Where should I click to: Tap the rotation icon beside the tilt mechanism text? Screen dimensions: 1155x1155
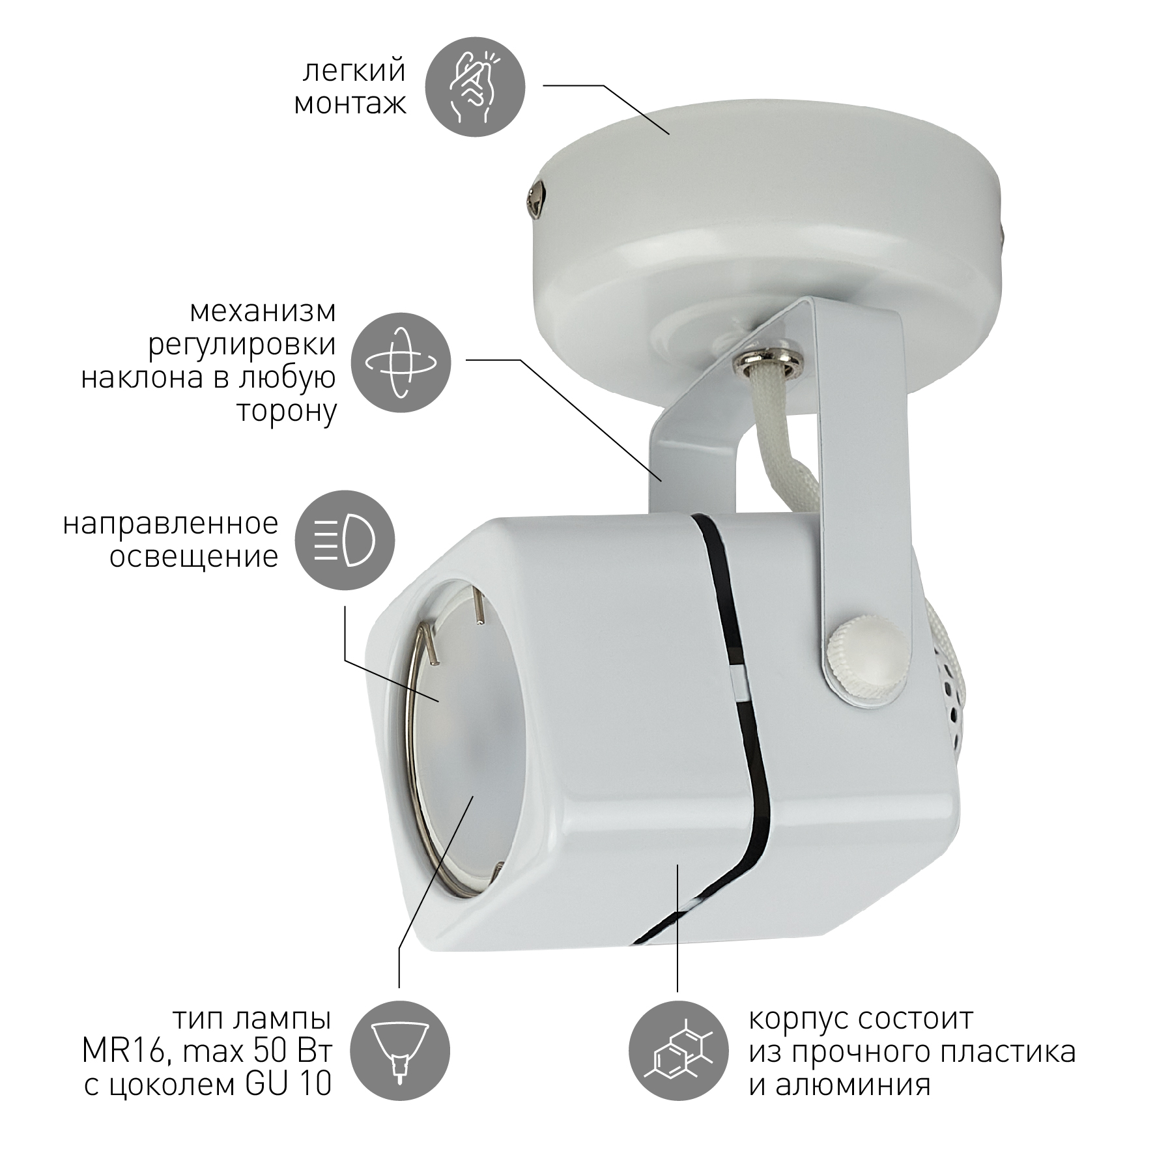(x=401, y=363)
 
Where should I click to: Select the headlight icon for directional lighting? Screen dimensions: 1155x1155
(x=345, y=540)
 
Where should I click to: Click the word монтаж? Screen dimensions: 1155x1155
(x=350, y=104)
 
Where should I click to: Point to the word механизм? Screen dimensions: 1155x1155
(x=263, y=312)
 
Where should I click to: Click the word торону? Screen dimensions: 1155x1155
(x=287, y=412)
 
